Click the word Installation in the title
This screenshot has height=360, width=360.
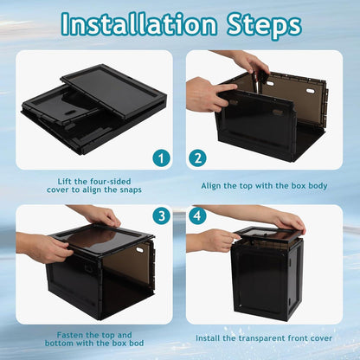coord(139,23)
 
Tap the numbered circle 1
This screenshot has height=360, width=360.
coord(161,158)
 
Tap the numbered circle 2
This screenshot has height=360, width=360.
coord(197,158)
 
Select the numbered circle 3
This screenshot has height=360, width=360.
coord(161,215)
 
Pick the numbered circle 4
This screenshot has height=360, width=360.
coord(197,215)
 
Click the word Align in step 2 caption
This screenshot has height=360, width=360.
coord(210,185)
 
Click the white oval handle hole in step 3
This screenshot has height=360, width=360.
coord(140,248)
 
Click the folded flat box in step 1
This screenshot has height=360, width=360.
coord(94,109)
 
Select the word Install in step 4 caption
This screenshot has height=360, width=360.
coord(206,337)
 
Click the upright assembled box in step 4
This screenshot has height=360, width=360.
coord(268,274)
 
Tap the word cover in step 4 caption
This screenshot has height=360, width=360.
coord(322,338)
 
